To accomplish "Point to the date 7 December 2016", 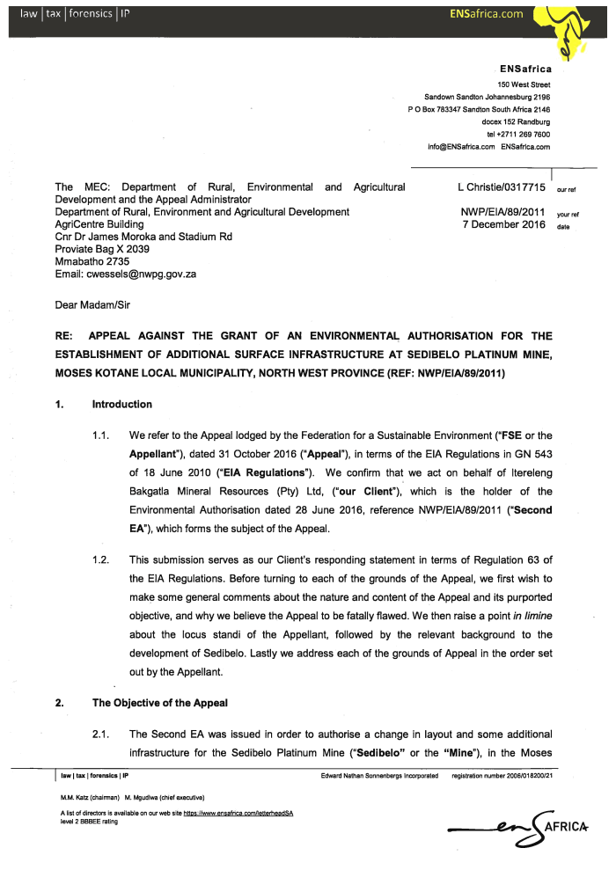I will [502, 224].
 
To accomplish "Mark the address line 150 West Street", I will [524, 84].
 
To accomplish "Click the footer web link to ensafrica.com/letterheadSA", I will [238, 814].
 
